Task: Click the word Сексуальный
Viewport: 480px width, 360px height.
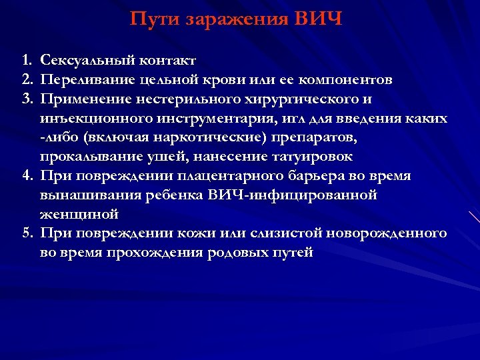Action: click(89, 61)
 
